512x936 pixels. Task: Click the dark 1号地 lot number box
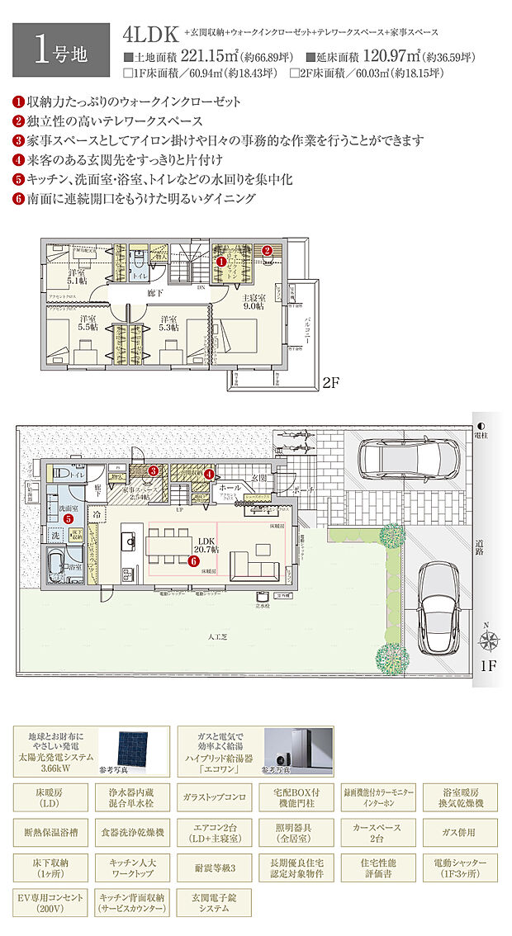[x=60, y=50]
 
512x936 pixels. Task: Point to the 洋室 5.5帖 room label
[x=86, y=323]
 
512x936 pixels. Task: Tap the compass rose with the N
[x=489, y=638]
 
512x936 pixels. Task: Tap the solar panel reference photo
[x=132, y=748]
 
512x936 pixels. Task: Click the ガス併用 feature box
[x=459, y=833]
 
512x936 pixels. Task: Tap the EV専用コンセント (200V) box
[x=50, y=901]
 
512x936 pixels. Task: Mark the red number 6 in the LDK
[x=193, y=561]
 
